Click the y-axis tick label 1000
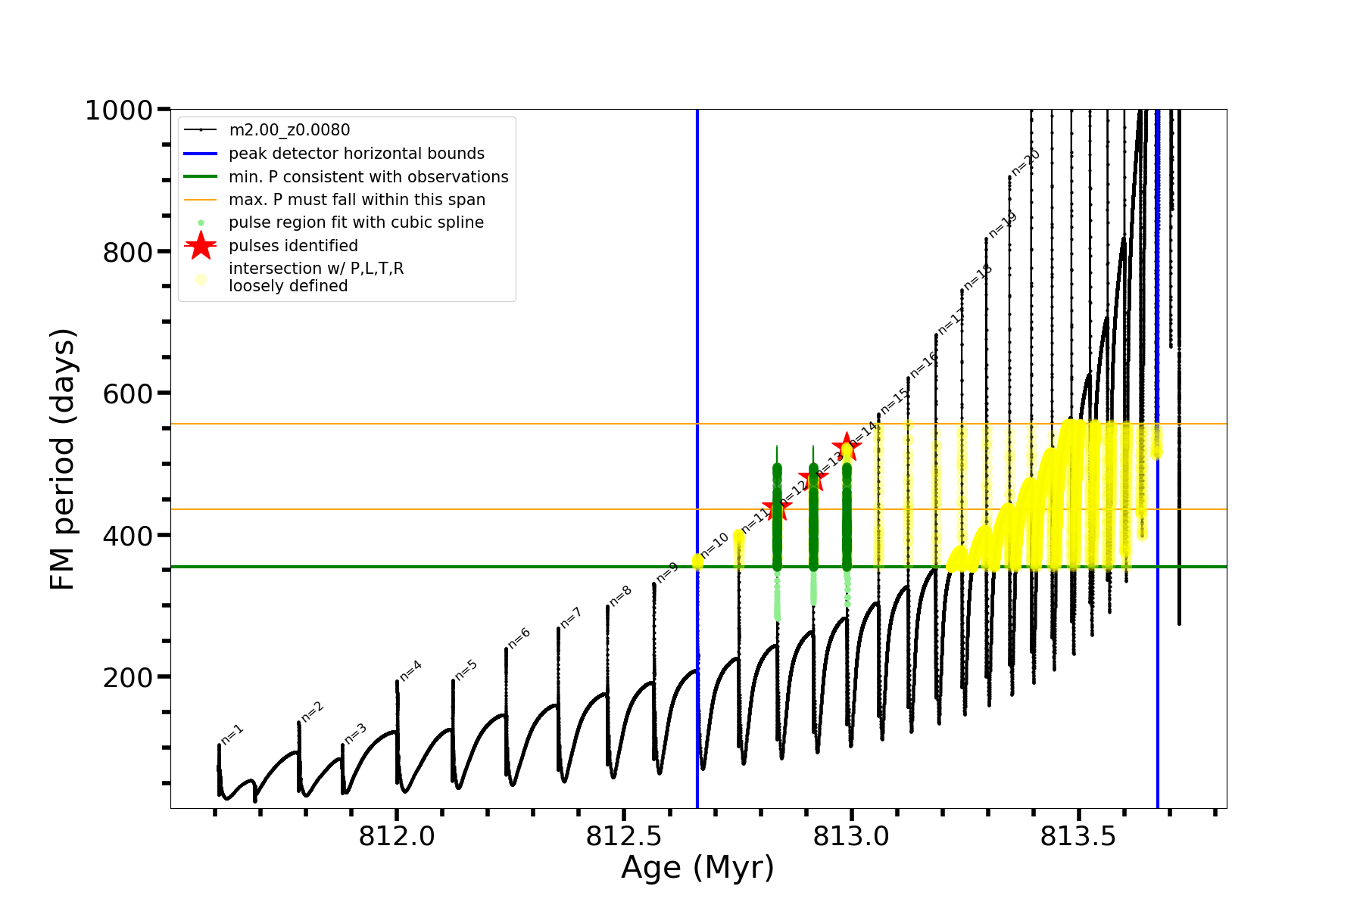[x=119, y=110]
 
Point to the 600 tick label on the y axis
[x=128, y=394]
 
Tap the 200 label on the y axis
[x=128, y=678]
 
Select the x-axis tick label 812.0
[x=397, y=836]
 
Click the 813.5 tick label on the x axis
[x=1078, y=836]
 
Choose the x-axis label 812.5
[x=624, y=836]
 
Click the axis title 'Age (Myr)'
[x=697, y=868]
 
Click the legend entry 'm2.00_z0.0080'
[x=289, y=130]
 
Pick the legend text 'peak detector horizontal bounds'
[x=357, y=154]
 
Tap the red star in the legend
[x=201, y=246]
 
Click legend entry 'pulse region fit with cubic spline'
[x=356, y=222]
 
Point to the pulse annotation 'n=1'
[x=232, y=734]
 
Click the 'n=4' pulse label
[x=410, y=670]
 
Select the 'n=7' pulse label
[x=570, y=617]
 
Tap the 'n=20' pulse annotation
[x=1026, y=163]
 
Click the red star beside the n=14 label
[x=846, y=446]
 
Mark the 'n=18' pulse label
[x=977, y=278]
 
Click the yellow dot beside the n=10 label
[x=697, y=561]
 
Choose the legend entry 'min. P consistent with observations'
[x=369, y=177]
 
